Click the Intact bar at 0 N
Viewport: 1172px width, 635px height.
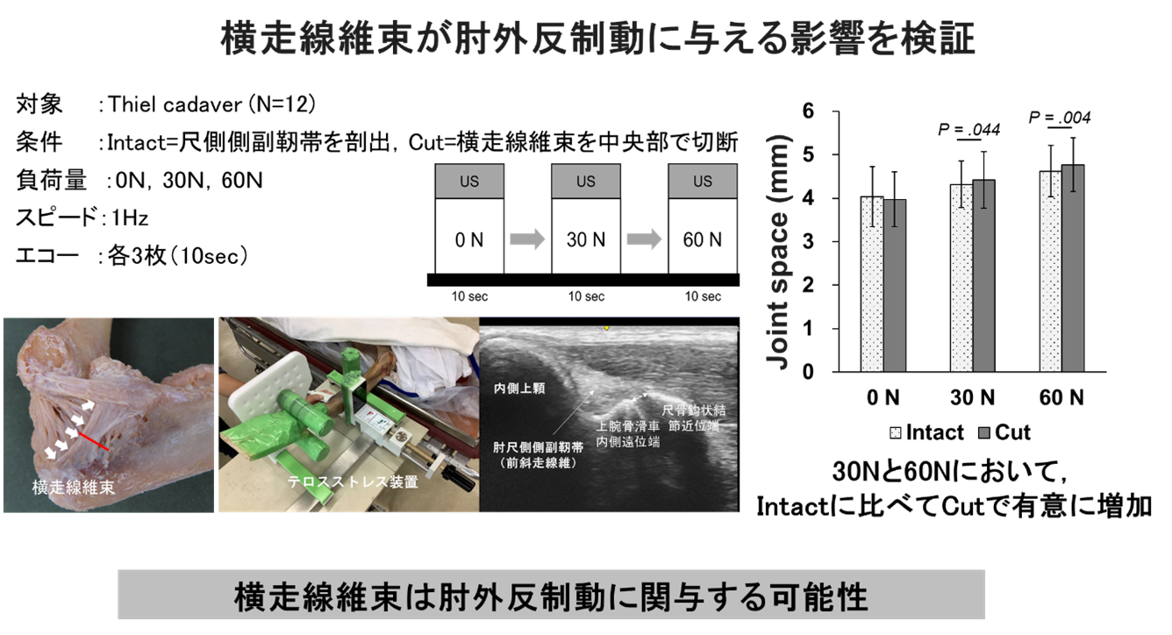coord(872,284)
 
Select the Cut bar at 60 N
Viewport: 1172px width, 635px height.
coord(1073,268)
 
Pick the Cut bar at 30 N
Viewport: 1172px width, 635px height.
coord(983,275)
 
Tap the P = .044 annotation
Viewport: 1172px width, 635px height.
coord(969,129)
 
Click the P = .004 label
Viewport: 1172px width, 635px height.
coord(1060,118)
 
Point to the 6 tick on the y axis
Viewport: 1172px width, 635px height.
coord(808,111)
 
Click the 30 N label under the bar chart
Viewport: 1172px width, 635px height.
coord(972,397)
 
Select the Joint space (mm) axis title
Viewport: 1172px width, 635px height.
coord(777,252)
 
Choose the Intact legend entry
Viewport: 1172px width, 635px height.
coord(926,432)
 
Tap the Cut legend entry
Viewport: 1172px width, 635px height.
coord(1004,432)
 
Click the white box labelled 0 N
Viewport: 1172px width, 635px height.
coord(469,236)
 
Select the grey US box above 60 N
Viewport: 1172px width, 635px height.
coord(703,181)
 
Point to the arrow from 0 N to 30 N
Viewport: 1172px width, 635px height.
coord(527,239)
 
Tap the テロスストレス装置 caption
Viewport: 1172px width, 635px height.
coord(353,482)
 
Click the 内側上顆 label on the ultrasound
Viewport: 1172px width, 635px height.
coord(519,389)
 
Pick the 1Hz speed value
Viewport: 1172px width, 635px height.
coord(130,218)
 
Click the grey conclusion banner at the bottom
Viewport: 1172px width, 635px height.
coord(551,595)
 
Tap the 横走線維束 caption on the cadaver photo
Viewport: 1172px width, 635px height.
coord(74,488)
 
